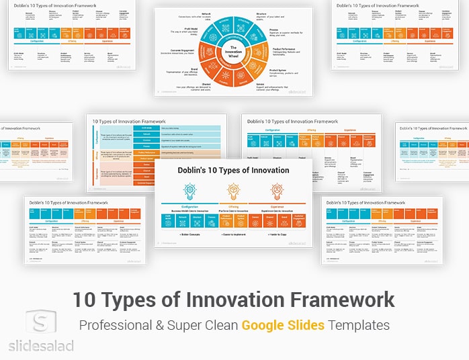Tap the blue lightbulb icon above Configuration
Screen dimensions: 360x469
pos(189,191)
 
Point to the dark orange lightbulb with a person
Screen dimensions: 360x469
pos(277,191)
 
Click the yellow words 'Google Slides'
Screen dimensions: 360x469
pos(283,325)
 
